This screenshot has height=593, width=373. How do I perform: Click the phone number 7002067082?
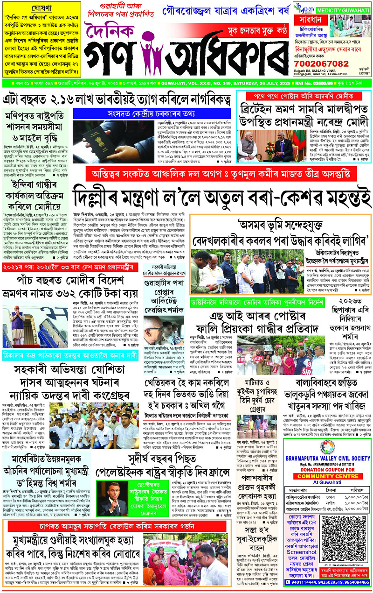point(322,64)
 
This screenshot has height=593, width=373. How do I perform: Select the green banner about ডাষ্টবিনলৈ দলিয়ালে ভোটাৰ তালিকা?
point(257,303)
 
